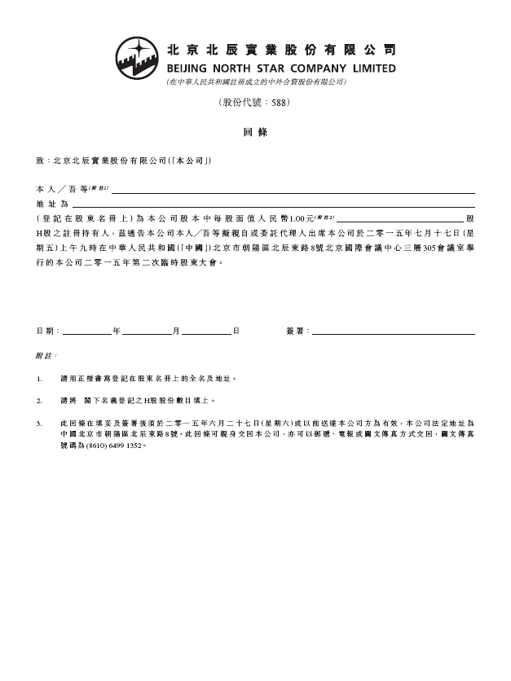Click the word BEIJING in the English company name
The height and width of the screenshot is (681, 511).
coord(189,68)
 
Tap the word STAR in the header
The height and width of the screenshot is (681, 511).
coord(278,68)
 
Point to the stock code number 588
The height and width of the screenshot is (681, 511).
coord(277,103)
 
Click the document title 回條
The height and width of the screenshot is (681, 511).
coord(255,132)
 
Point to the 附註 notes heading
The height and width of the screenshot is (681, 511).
coord(46,356)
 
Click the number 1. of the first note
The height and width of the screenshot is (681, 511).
coord(40,379)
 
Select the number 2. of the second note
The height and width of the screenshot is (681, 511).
coord(40,402)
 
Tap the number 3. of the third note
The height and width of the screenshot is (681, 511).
coord(40,424)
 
